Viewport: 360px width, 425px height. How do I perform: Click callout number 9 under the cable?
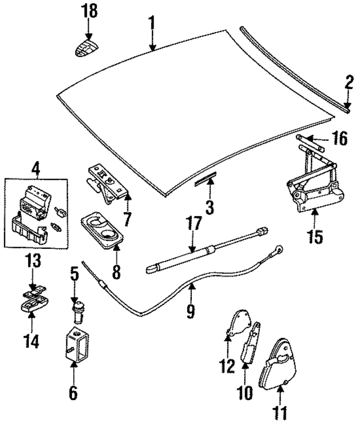191,309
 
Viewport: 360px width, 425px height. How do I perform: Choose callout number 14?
33,341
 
